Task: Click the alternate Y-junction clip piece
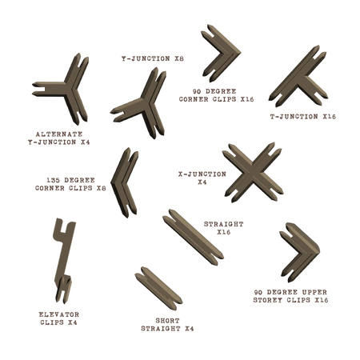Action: (68, 90)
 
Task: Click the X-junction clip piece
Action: (252, 173)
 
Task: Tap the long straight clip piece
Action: (193, 237)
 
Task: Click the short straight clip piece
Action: (158, 289)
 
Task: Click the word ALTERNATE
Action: (59, 134)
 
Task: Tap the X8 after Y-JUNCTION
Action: (179, 58)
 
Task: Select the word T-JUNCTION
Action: (294, 117)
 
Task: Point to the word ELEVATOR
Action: (59, 314)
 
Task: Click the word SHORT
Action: (167, 321)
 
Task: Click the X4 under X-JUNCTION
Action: (202, 182)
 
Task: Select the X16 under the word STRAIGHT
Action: (223, 232)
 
